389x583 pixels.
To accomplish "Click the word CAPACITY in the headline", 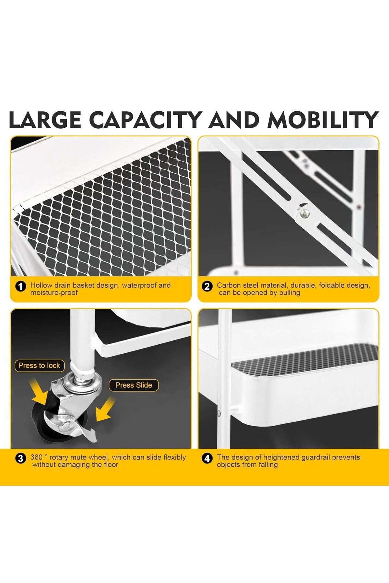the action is pos(146,120).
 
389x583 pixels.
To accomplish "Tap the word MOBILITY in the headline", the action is pos(323,120).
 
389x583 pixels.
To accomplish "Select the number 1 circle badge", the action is pos(21,286).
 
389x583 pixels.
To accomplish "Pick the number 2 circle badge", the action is pos(207,286).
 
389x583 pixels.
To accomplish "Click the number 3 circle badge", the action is pos(21,458).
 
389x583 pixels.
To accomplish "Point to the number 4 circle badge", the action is pos(207,458).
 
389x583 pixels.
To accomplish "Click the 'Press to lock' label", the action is pos(39,366).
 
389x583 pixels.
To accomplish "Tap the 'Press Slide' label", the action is pos(134,385).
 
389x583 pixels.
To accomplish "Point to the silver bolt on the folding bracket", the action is pos(304,213).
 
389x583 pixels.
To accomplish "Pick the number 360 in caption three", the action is pos(36,457).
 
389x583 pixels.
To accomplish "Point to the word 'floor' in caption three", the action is pos(111,464).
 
